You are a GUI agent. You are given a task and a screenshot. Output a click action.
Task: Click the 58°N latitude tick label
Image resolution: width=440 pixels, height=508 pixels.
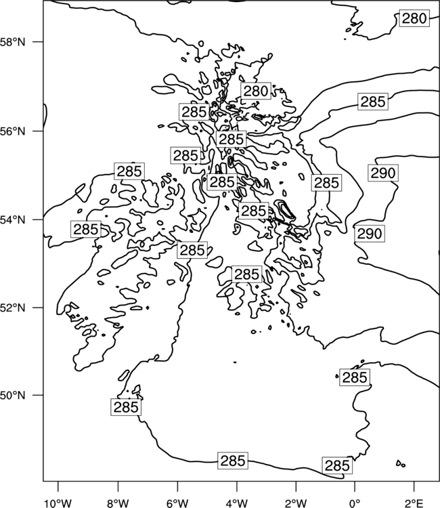13,42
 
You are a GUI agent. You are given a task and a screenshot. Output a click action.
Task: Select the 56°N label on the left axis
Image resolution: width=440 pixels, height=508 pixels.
13,131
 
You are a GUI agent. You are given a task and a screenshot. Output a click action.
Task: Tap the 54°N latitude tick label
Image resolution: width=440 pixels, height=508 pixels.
13,220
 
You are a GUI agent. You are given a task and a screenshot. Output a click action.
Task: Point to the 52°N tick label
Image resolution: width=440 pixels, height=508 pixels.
13,308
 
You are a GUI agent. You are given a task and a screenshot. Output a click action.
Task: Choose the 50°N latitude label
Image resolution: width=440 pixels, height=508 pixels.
13,396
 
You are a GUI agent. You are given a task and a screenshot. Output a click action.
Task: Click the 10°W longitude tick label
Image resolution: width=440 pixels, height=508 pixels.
58,503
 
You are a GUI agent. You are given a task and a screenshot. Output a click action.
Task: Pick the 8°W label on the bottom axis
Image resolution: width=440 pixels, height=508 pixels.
118,503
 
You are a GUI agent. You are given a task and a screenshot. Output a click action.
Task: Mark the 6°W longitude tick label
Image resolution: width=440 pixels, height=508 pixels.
177,503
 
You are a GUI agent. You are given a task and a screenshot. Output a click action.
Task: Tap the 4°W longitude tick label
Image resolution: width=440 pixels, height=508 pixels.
237,503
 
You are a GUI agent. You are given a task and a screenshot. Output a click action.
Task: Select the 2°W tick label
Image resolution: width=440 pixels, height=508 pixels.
296,503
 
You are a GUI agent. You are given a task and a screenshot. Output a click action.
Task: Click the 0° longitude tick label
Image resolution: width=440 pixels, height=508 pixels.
355,503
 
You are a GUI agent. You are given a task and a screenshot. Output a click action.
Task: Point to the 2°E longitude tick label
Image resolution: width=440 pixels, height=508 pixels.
414,503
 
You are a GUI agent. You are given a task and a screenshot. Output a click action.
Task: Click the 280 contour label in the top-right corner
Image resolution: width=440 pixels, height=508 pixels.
414,18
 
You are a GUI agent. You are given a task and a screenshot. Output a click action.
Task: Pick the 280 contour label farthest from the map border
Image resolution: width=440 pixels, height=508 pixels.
256,91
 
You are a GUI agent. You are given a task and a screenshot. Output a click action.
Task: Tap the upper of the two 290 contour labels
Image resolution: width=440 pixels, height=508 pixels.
383,173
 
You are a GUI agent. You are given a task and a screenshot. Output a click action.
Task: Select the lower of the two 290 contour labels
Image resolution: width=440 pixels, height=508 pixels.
370,234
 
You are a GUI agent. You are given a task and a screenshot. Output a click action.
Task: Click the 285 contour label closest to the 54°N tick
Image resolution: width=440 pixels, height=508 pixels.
86,229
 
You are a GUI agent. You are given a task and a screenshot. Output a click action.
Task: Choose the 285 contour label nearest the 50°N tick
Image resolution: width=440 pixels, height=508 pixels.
126,407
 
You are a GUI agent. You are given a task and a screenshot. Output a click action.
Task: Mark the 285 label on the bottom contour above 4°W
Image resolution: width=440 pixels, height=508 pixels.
233,461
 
